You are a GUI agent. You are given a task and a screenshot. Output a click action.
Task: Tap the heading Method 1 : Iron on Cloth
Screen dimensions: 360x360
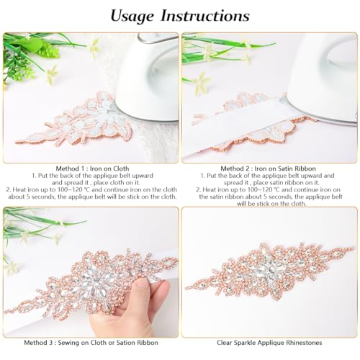89,167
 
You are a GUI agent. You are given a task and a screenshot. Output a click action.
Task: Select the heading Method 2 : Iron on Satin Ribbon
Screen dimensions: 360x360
269,167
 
